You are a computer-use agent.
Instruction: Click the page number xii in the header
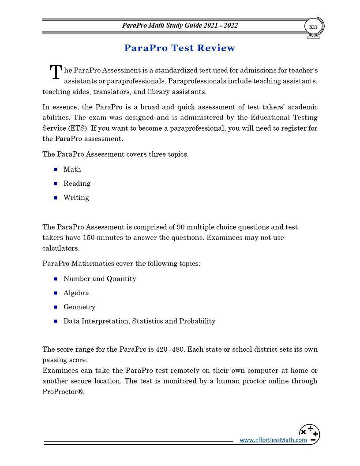pos(313,26)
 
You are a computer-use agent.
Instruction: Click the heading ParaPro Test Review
pos(180,48)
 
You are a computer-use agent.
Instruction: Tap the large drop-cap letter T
pos(56,73)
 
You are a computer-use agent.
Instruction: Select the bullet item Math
pos(72,169)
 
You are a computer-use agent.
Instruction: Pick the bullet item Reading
pos(77,184)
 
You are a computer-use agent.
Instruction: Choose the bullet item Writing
pos(76,198)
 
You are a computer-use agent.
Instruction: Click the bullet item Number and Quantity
pos(100,279)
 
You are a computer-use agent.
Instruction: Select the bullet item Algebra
pos(76,293)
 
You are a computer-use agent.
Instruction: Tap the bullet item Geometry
pos(79,307)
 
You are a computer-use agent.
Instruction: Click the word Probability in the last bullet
pos(197,321)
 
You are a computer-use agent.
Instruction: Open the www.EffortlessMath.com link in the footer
pos(273,440)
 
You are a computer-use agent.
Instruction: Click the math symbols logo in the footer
pos(309,434)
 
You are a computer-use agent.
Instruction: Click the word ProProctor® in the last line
pos(63,392)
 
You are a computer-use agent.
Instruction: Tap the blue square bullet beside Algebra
pos(56,293)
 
